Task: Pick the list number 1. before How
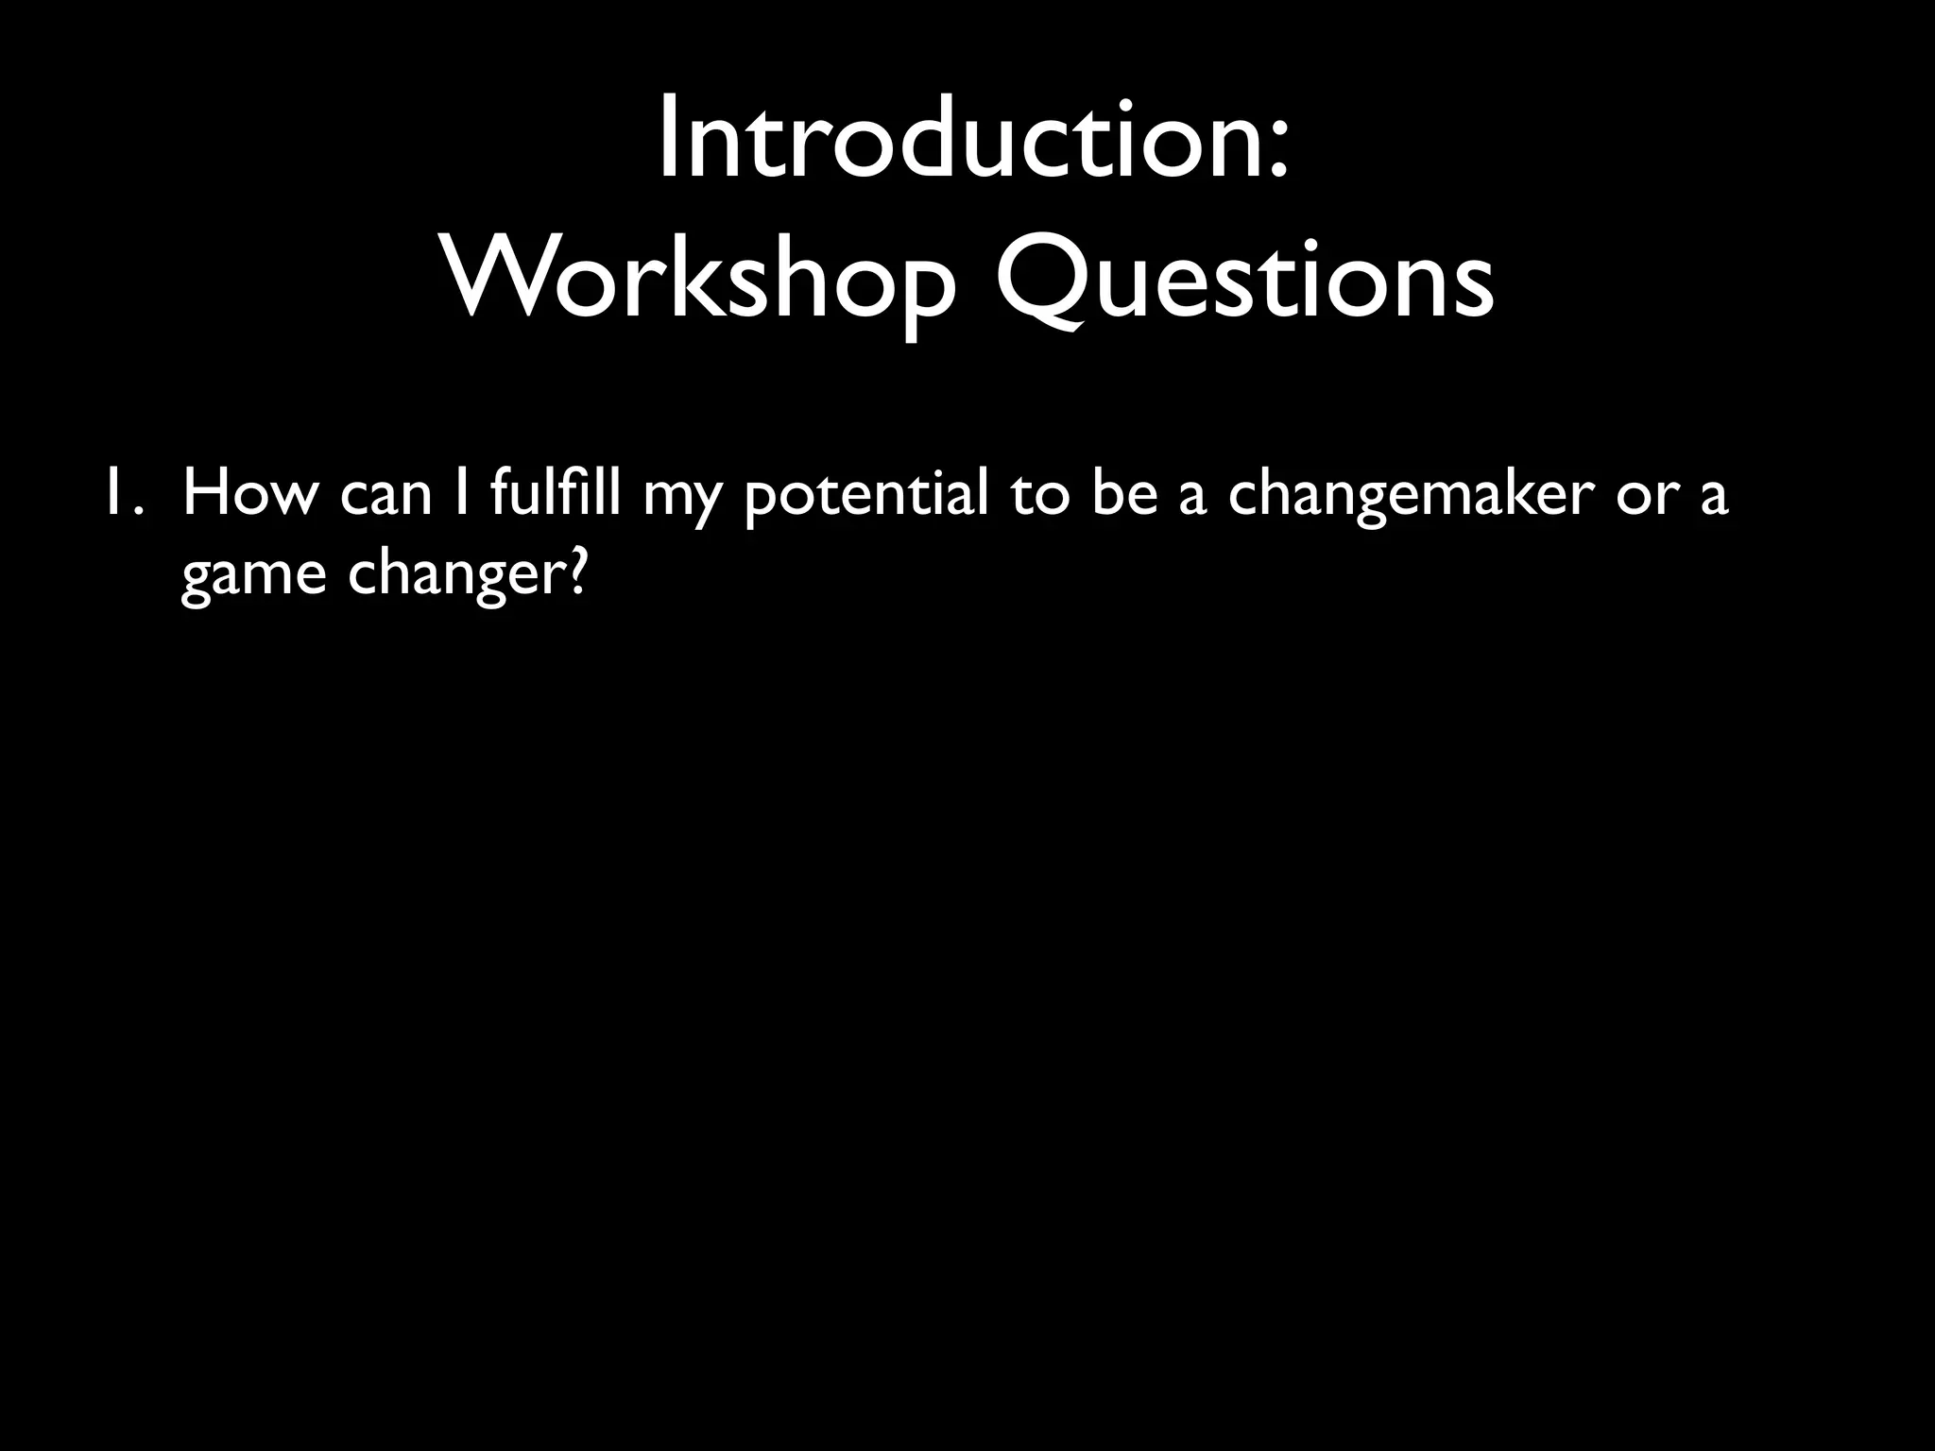pos(124,494)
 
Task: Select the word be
pos(1124,494)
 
